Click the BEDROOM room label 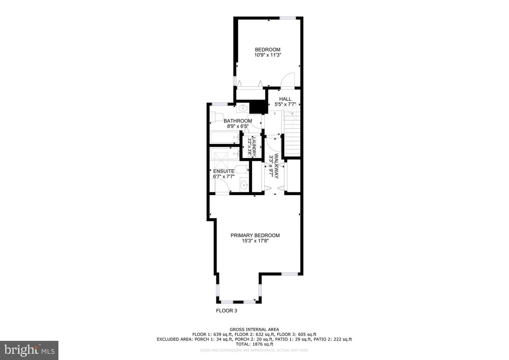[268, 50]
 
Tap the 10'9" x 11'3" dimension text [268, 55]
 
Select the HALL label [285, 99]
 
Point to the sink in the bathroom [243, 108]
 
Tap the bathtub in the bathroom [224, 137]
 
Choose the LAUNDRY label [254, 147]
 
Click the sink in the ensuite [245, 185]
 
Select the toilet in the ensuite [241, 169]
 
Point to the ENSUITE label [224, 171]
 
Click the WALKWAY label [276, 166]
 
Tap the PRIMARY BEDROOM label [255, 236]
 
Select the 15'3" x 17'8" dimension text [255, 241]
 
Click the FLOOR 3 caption [226, 311]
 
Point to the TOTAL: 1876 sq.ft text [254, 344]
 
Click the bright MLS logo [29, 350]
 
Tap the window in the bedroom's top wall [287, 18]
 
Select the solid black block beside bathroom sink [258, 107]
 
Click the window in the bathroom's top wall [220, 104]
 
